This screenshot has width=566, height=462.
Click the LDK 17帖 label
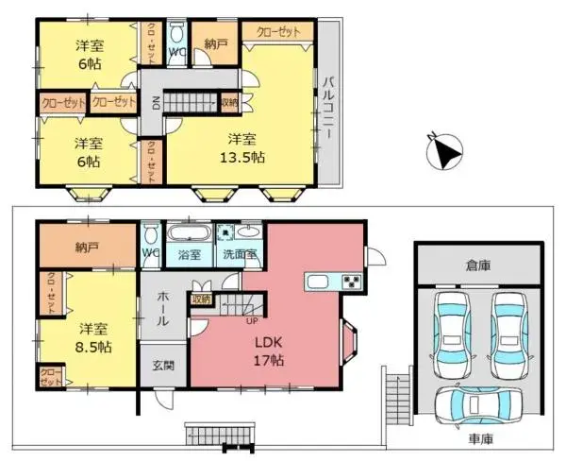click(269, 351)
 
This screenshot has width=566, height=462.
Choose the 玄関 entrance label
click(163, 365)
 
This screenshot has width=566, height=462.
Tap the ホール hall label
click(162, 308)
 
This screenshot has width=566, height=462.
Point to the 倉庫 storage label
click(479, 267)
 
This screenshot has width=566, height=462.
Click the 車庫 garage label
click(479, 439)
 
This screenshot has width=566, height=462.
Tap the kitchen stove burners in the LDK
click(351, 282)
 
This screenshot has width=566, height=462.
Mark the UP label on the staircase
click(251, 320)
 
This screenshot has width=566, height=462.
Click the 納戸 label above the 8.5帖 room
click(87, 248)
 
